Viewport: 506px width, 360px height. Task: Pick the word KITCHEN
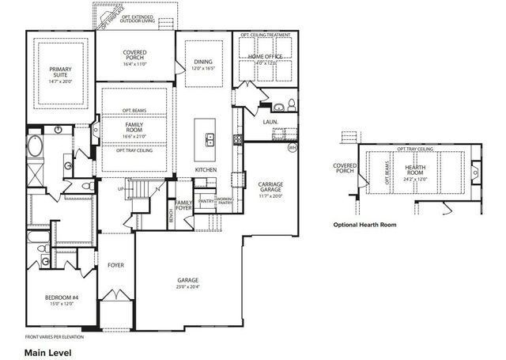pos(207,170)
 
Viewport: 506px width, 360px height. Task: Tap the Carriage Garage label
pos(270,188)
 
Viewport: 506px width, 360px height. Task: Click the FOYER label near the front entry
pos(116,265)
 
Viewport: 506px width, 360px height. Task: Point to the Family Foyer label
pos(183,206)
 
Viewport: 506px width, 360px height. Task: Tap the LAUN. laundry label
pos(270,123)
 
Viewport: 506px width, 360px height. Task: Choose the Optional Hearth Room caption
pos(364,225)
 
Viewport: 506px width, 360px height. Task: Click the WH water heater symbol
pos(292,148)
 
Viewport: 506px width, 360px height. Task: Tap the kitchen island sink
pos(211,141)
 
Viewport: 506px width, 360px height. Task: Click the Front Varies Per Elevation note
pos(56,337)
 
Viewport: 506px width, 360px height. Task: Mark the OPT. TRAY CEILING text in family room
pos(134,150)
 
